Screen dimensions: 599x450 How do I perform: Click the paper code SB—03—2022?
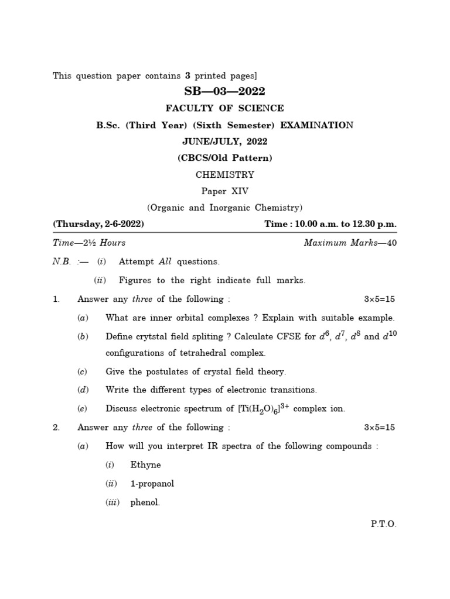pos(225,91)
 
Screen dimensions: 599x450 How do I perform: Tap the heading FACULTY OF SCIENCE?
pos(225,108)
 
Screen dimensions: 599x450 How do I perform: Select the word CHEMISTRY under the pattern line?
pos(225,174)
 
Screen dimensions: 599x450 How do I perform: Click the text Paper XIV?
pos(225,191)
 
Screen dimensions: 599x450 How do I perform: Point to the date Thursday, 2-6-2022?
pos(98,224)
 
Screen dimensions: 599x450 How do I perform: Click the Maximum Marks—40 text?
pos(350,243)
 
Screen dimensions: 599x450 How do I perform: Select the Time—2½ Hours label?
pos(89,243)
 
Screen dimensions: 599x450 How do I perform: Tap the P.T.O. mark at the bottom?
pos(384,524)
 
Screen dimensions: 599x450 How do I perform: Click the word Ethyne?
pos(145,465)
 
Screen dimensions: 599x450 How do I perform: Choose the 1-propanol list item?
pos(152,484)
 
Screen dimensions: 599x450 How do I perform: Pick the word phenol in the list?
pos(145,502)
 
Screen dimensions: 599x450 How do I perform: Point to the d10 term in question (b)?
pos(389,336)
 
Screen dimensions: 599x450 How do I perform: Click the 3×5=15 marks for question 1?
pos(380,299)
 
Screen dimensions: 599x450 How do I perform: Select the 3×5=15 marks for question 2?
pos(380,428)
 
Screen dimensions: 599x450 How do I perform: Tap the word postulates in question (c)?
pos(162,372)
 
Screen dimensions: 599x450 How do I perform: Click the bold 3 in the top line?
pos(188,75)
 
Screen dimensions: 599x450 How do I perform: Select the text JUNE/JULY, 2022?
pos(225,142)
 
